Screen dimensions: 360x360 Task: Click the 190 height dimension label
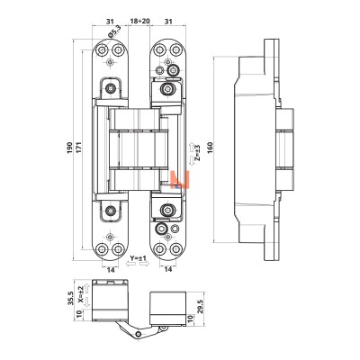pyautogui.click(x=69, y=148)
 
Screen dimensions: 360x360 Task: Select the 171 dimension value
pyautogui.click(x=78, y=148)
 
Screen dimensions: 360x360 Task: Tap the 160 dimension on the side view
pyautogui.click(x=210, y=148)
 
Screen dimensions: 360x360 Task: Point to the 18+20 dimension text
pyautogui.click(x=139, y=22)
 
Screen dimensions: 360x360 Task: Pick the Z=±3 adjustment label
pyautogui.click(x=197, y=153)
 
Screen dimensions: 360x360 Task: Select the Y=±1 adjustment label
pyautogui.click(x=138, y=258)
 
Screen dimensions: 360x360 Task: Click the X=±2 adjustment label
pyautogui.click(x=80, y=294)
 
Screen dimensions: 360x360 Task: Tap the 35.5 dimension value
pyautogui.click(x=70, y=298)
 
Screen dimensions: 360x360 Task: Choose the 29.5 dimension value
pyautogui.click(x=202, y=308)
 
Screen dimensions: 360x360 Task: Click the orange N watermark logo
pyautogui.click(x=180, y=180)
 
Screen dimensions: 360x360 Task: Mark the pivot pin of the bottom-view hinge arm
pyautogui.click(x=138, y=334)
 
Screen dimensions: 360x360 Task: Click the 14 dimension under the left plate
pyautogui.click(x=111, y=270)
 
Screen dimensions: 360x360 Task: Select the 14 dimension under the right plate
pyautogui.click(x=168, y=270)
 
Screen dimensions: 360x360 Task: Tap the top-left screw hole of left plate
pyautogui.click(x=103, y=49)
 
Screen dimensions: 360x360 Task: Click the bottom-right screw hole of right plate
pyautogui.click(x=176, y=249)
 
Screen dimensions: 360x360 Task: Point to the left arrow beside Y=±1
pyautogui.click(x=130, y=264)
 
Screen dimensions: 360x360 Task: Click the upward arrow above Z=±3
pyautogui.click(x=191, y=148)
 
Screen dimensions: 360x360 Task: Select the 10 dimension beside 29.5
pyautogui.click(x=189, y=319)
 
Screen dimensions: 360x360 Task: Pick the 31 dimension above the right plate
pyautogui.click(x=169, y=22)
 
